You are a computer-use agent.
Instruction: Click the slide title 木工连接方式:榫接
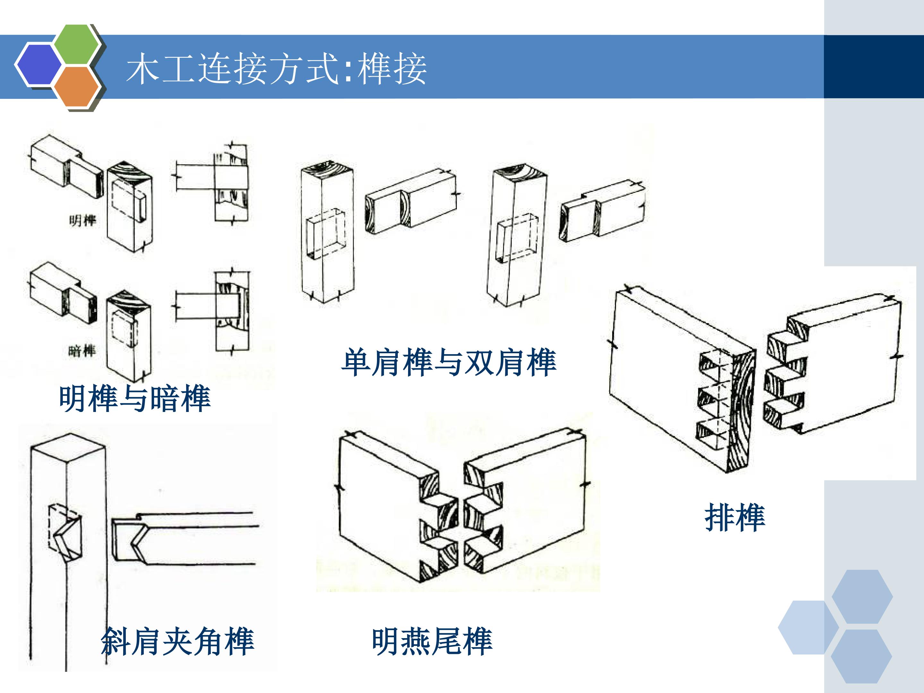[277, 69]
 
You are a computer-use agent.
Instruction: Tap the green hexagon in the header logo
[77, 44]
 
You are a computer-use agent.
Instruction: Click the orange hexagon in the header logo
[77, 86]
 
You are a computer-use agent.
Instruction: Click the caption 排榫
[735, 518]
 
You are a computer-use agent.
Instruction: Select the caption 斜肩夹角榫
[177, 641]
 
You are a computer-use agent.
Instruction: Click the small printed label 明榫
[83, 220]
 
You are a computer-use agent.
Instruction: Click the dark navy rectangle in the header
[874, 67]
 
